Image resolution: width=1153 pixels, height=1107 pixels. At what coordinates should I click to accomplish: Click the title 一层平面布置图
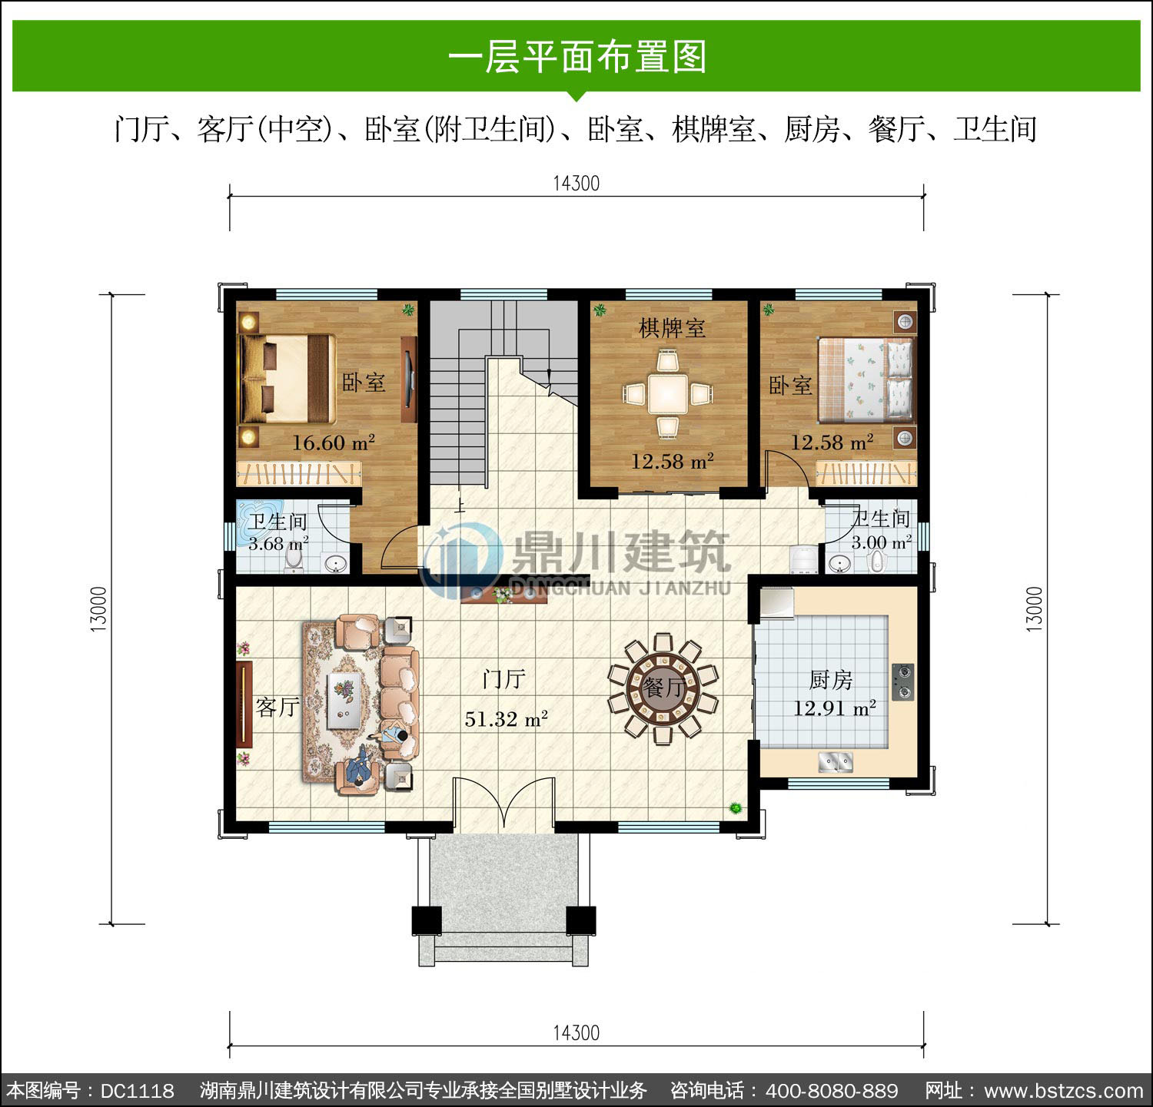pos(576,57)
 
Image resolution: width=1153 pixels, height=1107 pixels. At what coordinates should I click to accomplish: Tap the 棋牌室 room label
pos(672,328)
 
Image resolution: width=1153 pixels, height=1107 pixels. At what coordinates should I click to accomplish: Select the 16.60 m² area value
pos(334,442)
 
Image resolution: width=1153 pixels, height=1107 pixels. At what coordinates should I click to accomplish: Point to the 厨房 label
pos(832,680)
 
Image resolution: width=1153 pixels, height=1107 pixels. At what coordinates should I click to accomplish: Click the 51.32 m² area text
pos(506,719)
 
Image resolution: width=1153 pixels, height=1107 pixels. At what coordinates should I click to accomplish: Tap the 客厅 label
pos(277,706)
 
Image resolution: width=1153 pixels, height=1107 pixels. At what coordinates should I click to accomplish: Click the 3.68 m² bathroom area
pos(278,543)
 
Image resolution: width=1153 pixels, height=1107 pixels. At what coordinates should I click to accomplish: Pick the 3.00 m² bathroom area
pos(881,542)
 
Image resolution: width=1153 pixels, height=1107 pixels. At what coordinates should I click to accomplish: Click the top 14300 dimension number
pos(576,184)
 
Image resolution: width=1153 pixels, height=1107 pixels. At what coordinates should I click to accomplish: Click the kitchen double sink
pos(836,762)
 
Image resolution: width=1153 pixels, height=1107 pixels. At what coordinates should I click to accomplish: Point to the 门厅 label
pos(504,679)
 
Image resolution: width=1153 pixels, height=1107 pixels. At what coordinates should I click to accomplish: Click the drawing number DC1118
pos(138,1091)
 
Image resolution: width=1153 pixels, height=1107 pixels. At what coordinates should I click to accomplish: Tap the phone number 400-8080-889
pos(832,1091)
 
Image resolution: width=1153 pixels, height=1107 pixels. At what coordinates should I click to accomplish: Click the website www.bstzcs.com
pos(1065,1091)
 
